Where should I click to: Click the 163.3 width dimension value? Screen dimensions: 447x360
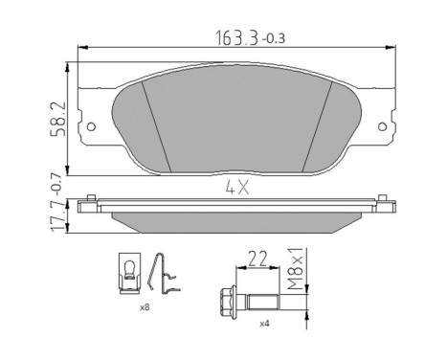[x=237, y=38]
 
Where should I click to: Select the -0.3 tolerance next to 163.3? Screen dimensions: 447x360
[x=274, y=39]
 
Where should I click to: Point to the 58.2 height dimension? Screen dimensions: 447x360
[x=58, y=119]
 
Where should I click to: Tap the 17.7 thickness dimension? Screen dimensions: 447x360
[x=58, y=216]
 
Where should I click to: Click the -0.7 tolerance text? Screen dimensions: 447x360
[x=56, y=185]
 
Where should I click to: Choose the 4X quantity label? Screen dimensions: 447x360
[x=237, y=189]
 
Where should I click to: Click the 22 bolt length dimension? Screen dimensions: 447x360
[x=257, y=259]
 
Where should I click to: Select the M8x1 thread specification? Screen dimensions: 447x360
[x=295, y=268]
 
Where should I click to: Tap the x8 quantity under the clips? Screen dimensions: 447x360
[x=145, y=307]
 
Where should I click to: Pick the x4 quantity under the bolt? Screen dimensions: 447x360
[x=264, y=324]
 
